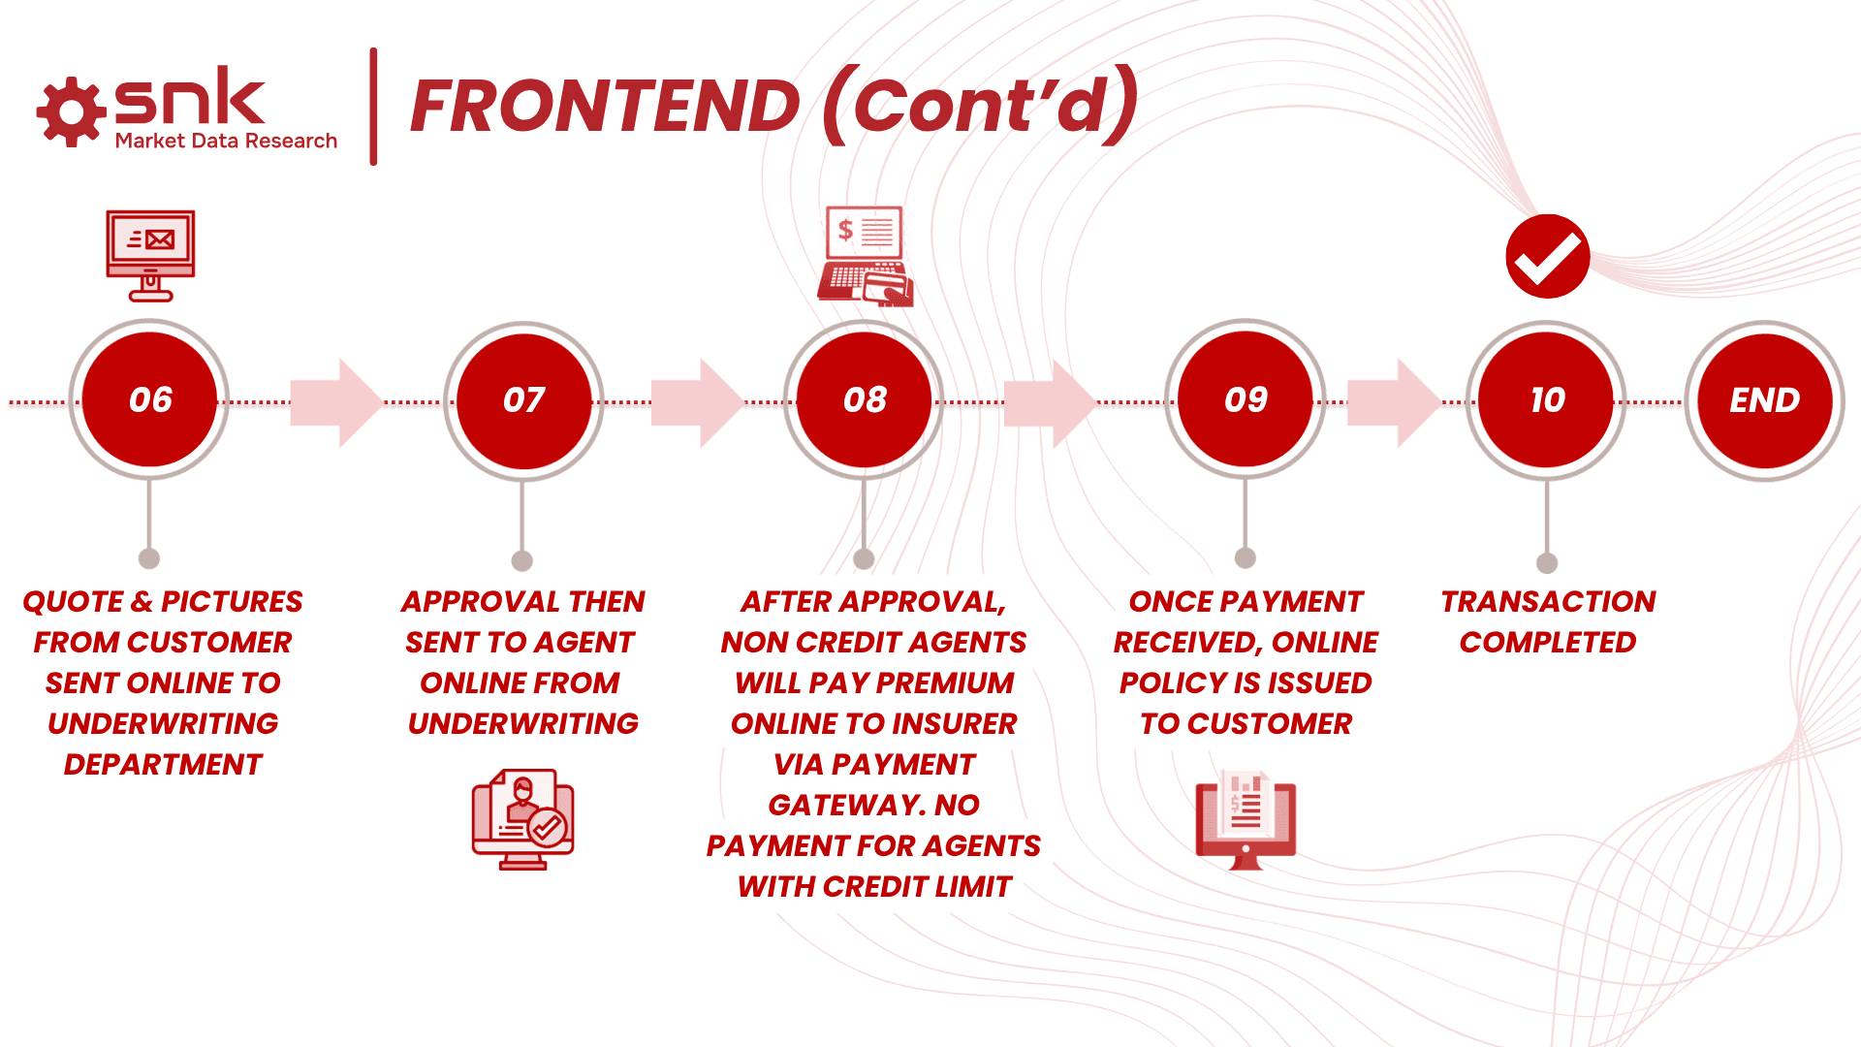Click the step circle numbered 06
149,399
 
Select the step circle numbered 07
523,399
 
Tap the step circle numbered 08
865,399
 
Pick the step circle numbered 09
1246,399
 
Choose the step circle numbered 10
1547,399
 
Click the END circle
1764,399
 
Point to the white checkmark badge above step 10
1547,256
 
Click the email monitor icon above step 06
150,254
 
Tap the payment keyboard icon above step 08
865,256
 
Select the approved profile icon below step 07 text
523,819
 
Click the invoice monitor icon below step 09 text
1246,820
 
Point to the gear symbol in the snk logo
71,112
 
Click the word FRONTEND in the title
605,107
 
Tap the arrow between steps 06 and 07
336,402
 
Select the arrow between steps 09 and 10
1394,402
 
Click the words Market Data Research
226,142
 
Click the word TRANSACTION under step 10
1548,602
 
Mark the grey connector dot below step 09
1246,557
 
